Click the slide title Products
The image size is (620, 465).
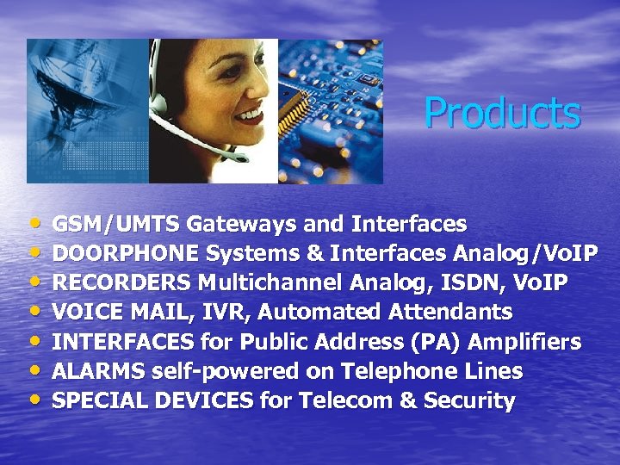(x=502, y=113)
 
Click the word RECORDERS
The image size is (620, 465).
(x=121, y=283)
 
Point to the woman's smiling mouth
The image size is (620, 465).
(x=249, y=114)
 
